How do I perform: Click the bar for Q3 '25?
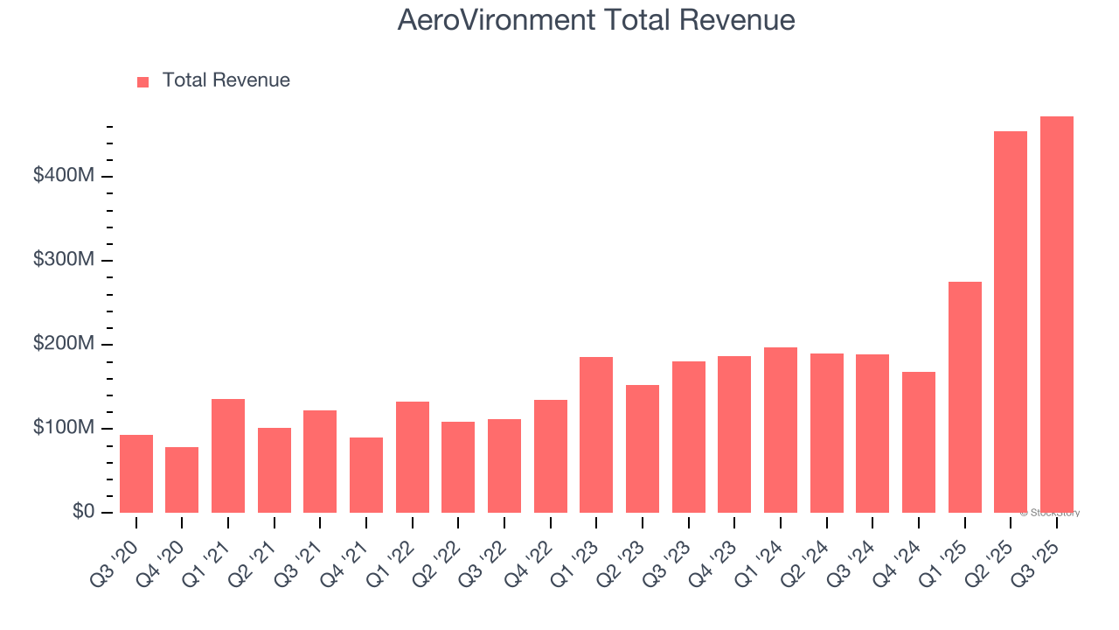tap(1056, 315)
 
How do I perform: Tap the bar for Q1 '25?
tap(964, 397)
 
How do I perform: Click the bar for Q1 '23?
tap(596, 435)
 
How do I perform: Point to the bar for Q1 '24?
tap(781, 430)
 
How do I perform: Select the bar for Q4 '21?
tap(366, 475)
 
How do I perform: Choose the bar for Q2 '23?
tap(643, 449)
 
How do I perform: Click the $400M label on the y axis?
tap(64, 176)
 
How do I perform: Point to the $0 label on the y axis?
tap(82, 512)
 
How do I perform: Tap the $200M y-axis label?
tap(64, 344)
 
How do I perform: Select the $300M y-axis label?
tap(64, 260)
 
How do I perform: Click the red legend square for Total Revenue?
tap(143, 81)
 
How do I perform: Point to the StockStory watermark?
tap(1050, 513)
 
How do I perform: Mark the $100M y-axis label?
tap(64, 428)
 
